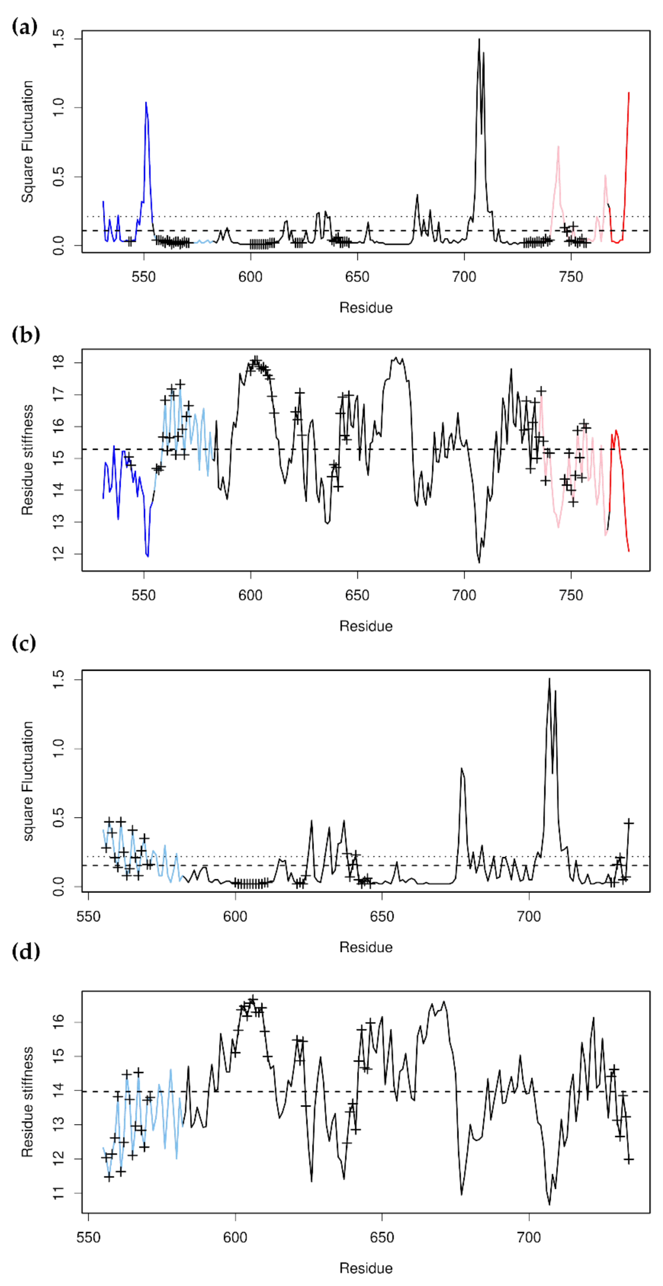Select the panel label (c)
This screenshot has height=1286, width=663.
24,643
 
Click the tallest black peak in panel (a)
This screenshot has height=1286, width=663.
479,40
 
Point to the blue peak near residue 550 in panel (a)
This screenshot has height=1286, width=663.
146,103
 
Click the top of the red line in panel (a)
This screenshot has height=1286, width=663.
629,93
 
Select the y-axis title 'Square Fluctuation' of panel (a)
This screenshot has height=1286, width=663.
27,142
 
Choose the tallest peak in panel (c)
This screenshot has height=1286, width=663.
550,679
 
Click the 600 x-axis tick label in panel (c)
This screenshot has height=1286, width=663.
235,916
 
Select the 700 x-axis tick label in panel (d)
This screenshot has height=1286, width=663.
529,1238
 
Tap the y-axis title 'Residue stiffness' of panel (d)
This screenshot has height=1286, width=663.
27,1101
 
